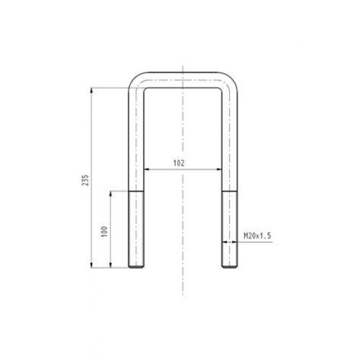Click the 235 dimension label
85,180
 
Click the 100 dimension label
104,232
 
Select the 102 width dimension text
179,163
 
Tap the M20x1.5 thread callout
258,236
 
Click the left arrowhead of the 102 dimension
146,170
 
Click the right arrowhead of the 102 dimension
219,170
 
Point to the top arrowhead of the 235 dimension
91,90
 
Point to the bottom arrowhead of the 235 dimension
91,265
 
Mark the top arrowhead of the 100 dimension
111,193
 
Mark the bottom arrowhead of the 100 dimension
111,265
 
